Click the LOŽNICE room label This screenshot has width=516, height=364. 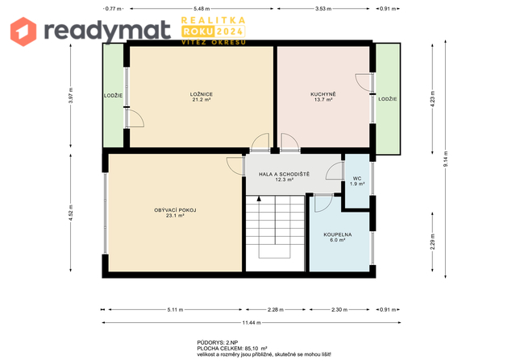(x=201, y=94)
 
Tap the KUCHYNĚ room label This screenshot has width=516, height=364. (x=323, y=94)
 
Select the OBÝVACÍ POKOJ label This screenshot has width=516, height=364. (x=175, y=210)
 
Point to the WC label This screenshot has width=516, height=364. (x=357, y=179)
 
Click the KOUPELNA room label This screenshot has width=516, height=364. (x=338, y=234)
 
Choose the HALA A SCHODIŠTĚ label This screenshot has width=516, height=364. (x=284, y=174)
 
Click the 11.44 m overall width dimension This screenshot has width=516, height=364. (x=252, y=323)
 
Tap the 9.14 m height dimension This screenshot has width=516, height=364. (x=446, y=159)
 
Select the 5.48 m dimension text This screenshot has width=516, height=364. (x=202, y=9)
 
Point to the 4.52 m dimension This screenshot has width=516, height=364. (x=71, y=213)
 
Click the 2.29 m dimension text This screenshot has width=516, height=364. (x=432, y=242)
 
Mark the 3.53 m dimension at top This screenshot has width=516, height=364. (x=323, y=9)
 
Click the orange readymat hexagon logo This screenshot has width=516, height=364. (x=23, y=31)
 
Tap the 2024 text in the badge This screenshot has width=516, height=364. (x=230, y=31)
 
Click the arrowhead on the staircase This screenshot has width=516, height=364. (x=259, y=199)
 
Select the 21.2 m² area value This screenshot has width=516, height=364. (x=201, y=100)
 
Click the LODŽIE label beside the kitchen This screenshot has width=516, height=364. (x=388, y=99)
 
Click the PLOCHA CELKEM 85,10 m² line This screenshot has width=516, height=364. (x=232, y=348)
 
